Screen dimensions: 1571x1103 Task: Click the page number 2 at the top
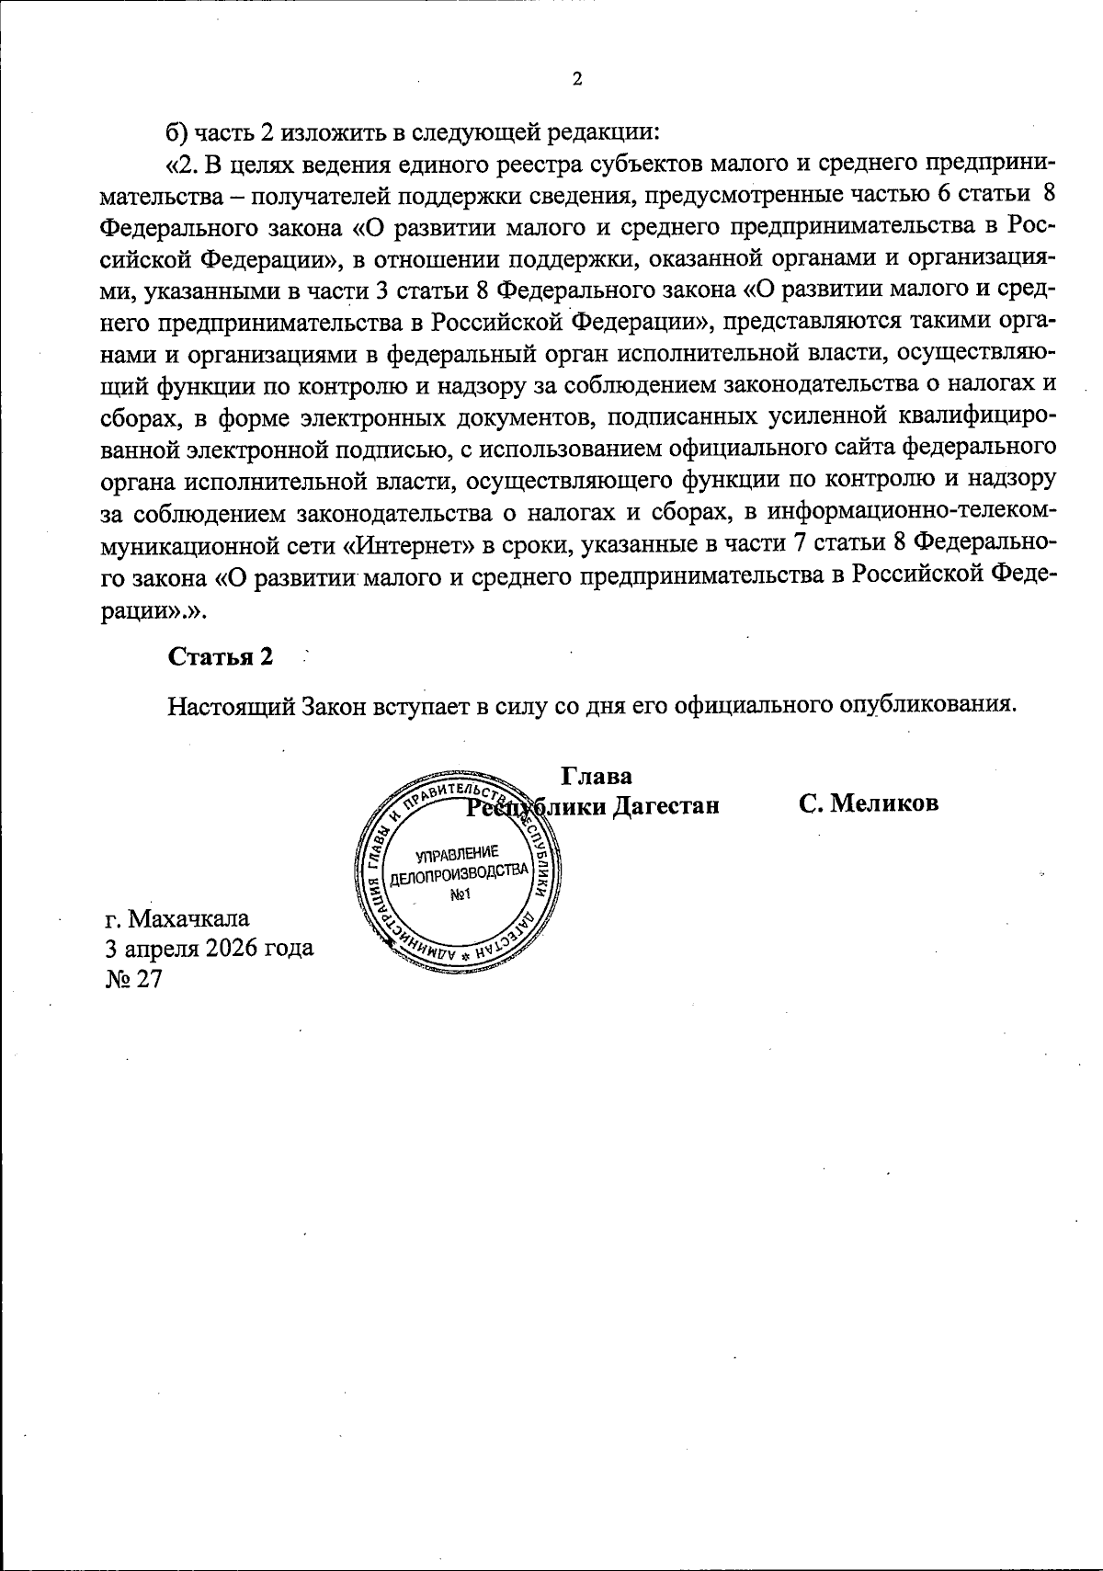tap(576, 79)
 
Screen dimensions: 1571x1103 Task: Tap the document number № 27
tap(134, 979)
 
